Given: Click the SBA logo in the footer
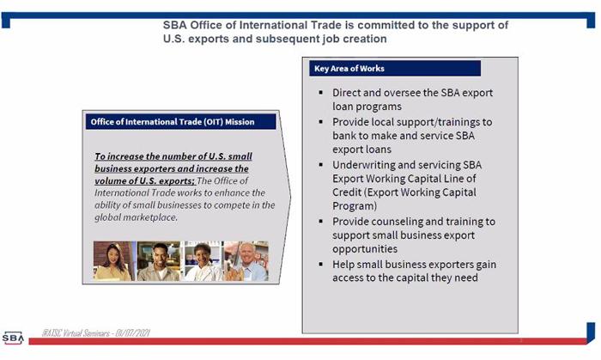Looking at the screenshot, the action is (x=13, y=338).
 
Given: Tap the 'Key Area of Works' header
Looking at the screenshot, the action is (x=395, y=69).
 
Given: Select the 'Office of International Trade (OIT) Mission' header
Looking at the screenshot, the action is (x=180, y=122).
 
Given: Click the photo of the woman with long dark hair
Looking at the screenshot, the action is (x=114, y=261).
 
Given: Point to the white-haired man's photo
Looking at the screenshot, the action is (x=246, y=261).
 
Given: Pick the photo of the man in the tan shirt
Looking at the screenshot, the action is (x=159, y=261).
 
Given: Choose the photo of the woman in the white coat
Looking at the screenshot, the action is (x=203, y=261).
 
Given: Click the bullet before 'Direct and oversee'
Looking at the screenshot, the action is (x=321, y=93).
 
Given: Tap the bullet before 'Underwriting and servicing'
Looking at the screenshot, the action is (x=321, y=165).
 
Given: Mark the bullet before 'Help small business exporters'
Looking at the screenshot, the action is (x=321, y=264).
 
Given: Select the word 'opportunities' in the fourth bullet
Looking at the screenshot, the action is (x=365, y=249).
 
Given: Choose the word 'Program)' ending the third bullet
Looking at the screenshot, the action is (x=355, y=206).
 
